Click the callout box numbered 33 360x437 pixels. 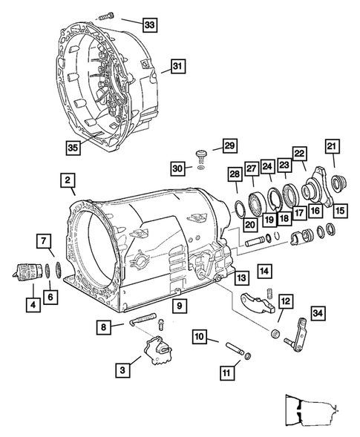[x=149, y=24]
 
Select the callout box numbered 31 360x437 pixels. [x=177, y=66]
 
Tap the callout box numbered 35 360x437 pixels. [x=73, y=148]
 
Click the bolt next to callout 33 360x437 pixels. [x=106, y=16]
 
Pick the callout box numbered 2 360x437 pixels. [x=68, y=180]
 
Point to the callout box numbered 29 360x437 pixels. [x=229, y=145]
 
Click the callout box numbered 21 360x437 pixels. [x=332, y=146]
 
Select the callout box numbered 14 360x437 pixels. [x=264, y=271]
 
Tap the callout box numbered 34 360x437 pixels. [x=318, y=313]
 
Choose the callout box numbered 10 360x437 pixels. [x=200, y=336]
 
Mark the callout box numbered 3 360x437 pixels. [x=122, y=370]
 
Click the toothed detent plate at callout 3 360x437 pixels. [x=157, y=350]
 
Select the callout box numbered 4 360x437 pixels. [x=33, y=305]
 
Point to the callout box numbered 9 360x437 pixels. [x=180, y=306]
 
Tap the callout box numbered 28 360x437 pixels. [x=235, y=174]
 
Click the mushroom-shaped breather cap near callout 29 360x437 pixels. [x=200, y=154]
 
